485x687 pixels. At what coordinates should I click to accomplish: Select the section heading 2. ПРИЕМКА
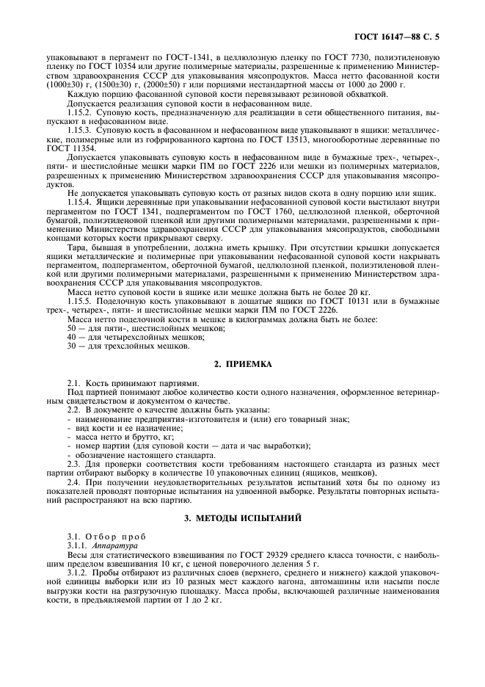pos(241,363)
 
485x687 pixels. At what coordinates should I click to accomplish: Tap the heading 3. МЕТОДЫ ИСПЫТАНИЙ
pos(241,519)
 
